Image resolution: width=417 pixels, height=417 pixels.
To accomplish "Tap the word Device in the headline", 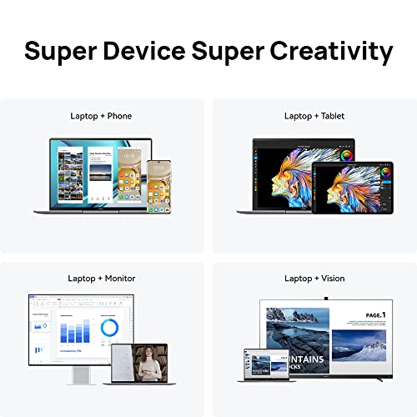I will [165, 52].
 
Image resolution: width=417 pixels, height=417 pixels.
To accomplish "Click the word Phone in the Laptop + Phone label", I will [117, 115].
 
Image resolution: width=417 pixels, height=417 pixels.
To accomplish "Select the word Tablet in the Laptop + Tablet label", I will [328, 115].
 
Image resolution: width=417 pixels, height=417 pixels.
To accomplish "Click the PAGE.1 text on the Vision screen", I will [374, 314].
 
